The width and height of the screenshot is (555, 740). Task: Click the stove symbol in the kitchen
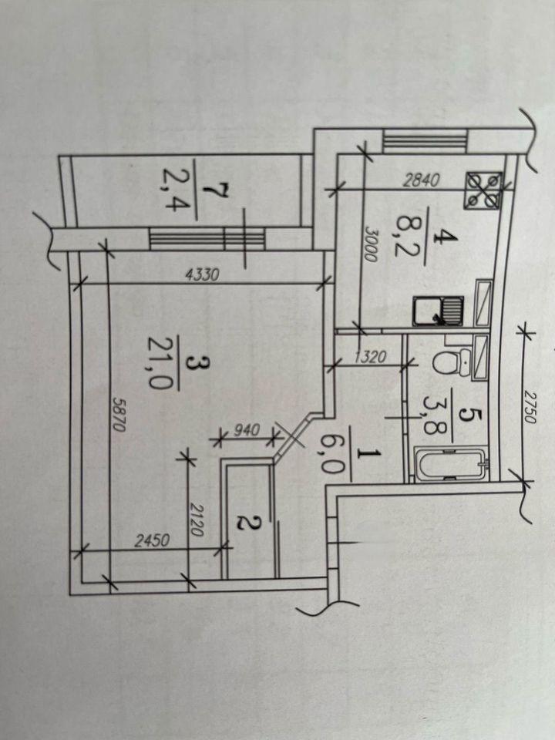483,190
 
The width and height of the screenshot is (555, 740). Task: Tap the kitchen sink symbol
439,311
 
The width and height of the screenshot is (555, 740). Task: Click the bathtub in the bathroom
451,466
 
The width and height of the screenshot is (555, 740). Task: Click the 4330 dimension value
203,274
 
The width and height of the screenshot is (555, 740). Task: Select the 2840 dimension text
422,180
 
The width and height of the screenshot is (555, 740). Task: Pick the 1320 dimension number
370,356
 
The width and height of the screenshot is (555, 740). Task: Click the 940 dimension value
247,430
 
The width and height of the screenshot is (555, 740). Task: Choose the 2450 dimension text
152,540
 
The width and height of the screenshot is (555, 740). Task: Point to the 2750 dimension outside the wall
531,407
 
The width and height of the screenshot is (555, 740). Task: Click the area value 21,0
158,362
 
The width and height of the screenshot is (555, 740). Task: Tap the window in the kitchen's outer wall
425,141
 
